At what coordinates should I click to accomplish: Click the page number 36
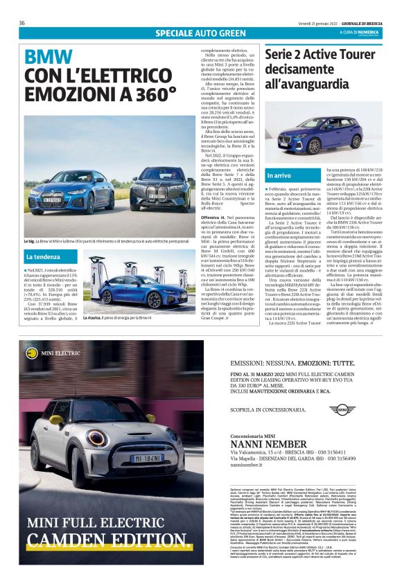pyautogui.click(x=22, y=24)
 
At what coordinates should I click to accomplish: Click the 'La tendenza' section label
pyautogui.click(x=43, y=257)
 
